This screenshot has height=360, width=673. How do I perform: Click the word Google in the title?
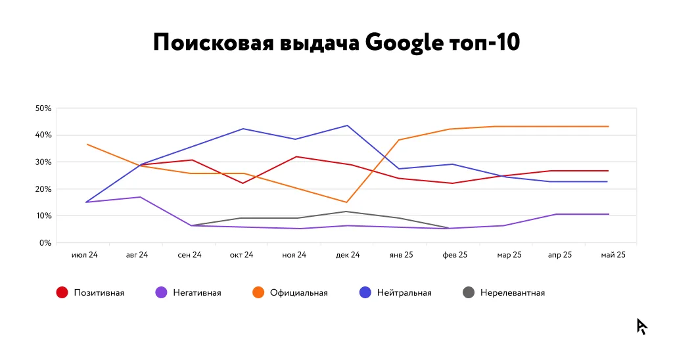[403, 43]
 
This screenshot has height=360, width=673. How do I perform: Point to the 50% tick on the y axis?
[44, 108]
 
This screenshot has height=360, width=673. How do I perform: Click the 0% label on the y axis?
[46, 243]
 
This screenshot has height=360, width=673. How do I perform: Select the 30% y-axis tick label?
[44, 162]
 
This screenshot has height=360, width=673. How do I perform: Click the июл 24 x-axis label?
[84, 255]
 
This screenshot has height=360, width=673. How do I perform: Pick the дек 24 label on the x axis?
[347, 255]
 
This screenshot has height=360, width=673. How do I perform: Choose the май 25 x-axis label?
[613, 255]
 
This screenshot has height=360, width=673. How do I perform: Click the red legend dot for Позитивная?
[62, 292]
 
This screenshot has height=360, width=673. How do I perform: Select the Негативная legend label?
[197, 293]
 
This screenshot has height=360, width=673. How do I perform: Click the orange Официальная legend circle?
[258, 292]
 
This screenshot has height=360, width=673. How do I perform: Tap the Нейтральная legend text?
[404, 293]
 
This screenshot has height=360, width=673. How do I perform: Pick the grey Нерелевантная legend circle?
[469, 292]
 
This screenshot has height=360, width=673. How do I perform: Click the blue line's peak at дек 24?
[347, 125]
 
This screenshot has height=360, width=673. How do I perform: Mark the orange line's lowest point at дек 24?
[346, 202]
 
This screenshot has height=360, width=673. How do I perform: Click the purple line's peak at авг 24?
[139, 197]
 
